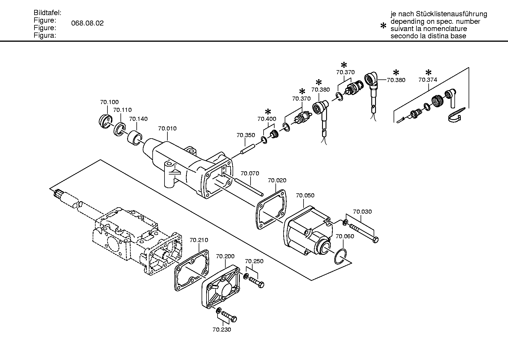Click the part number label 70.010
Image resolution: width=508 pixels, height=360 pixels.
click(167, 128)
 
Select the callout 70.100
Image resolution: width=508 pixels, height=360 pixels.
click(109, 102)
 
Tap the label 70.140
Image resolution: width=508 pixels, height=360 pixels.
click(138, 119)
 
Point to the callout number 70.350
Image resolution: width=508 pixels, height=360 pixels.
click(246, 135)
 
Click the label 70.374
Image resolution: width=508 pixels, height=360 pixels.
click(428, 80)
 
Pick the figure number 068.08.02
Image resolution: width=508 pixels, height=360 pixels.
click(87, 23)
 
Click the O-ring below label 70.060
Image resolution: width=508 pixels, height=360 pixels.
click(340, 257)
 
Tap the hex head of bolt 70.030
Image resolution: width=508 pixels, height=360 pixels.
click(375, 240)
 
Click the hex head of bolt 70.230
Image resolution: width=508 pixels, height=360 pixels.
click(234, 319)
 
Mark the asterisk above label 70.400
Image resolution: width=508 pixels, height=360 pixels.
click(268, 112)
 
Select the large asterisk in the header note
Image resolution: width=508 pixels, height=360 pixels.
click(383, 26)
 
